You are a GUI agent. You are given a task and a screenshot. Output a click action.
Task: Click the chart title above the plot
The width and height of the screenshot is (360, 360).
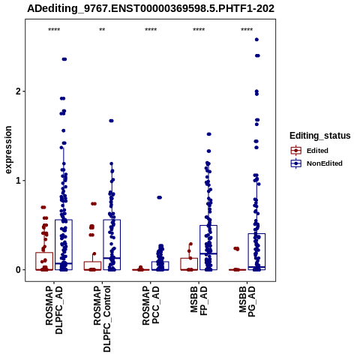pyautogui.click(x=151, y=8)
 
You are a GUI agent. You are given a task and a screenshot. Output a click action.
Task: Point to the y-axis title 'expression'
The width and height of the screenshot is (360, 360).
pyautogui.click(x=8, y=150)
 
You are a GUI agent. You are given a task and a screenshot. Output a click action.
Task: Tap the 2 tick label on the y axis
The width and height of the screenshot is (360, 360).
pyautogui.click(x=18, y=91)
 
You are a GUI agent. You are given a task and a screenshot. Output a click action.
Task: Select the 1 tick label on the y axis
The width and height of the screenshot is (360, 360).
pyautogui.click(x=18, y=181)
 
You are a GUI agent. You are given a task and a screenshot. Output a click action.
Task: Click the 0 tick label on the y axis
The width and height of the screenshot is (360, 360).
pyautogui.click(x=18, y=270)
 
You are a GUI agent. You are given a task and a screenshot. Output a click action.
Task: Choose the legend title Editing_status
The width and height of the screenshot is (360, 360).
pyautogui.click(x=320, y=136)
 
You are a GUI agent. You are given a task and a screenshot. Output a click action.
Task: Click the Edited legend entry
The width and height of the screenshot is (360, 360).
pyautogui.click(x=309, y=151)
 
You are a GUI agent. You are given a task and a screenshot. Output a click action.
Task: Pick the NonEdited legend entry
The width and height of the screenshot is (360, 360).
pyautogui.click(x=316, y=163)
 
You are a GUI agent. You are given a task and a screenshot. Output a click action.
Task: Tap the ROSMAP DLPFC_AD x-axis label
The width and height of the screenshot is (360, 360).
pyautogui.click(x=54, y=310)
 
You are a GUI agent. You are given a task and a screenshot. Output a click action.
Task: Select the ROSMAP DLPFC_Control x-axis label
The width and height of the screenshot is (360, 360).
pyautogui.click(x=102, y=319)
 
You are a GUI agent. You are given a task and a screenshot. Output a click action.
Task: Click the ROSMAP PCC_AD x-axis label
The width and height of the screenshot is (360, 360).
pyautogui.click(x=151, y=305)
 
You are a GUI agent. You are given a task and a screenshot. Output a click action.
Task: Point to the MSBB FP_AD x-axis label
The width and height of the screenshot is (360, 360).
pyautogui.click(x=199, y=301)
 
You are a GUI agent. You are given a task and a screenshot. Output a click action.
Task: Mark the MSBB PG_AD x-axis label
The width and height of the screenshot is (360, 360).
pyautogui.click(x=247, y=301)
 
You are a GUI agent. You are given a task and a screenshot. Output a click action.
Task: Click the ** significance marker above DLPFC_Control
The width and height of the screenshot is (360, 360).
pyautogui.click(x=102, y=30)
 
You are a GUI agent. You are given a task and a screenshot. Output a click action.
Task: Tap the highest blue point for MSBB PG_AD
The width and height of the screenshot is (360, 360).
pyautogui.click(x=256, y=40)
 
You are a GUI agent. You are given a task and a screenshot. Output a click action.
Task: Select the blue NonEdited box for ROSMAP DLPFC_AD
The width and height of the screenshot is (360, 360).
pyautogui.click(x=64, y=220)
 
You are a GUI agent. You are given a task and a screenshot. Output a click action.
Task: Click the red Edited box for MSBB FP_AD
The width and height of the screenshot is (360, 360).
pyautogui.click(x=189, y=259)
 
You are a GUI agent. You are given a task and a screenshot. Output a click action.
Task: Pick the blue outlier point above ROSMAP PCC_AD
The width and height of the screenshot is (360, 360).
pyautogui.click(x=159, y=197)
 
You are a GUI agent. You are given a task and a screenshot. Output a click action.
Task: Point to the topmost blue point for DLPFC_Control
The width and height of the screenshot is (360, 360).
pyautogui.click(x=111, y=121)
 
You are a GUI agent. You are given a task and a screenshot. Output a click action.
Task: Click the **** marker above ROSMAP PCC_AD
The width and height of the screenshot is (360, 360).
pyautogui.click(x=151, y=30)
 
